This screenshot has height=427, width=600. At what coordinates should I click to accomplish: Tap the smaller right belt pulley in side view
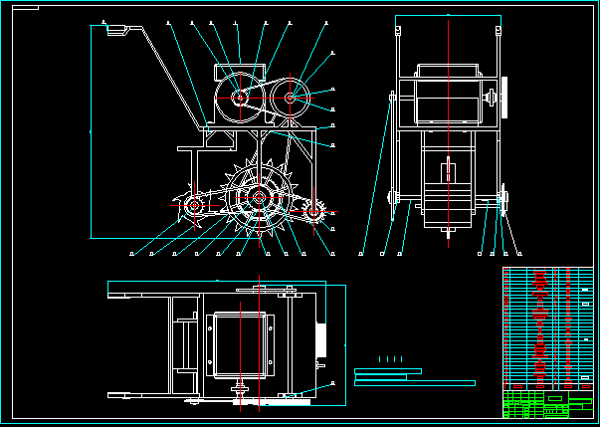click(291, 98)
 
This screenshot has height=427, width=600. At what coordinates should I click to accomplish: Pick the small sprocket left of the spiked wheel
click(192, 208)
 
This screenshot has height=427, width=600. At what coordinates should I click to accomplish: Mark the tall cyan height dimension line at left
click(91, 129)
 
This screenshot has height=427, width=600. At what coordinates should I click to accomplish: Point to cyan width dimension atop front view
click(447, 15)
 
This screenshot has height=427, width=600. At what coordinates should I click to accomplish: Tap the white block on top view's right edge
click(319, 339)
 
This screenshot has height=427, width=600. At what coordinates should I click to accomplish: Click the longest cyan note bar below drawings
click(414, 382)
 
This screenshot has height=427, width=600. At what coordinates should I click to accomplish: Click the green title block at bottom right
click(547, 405)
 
